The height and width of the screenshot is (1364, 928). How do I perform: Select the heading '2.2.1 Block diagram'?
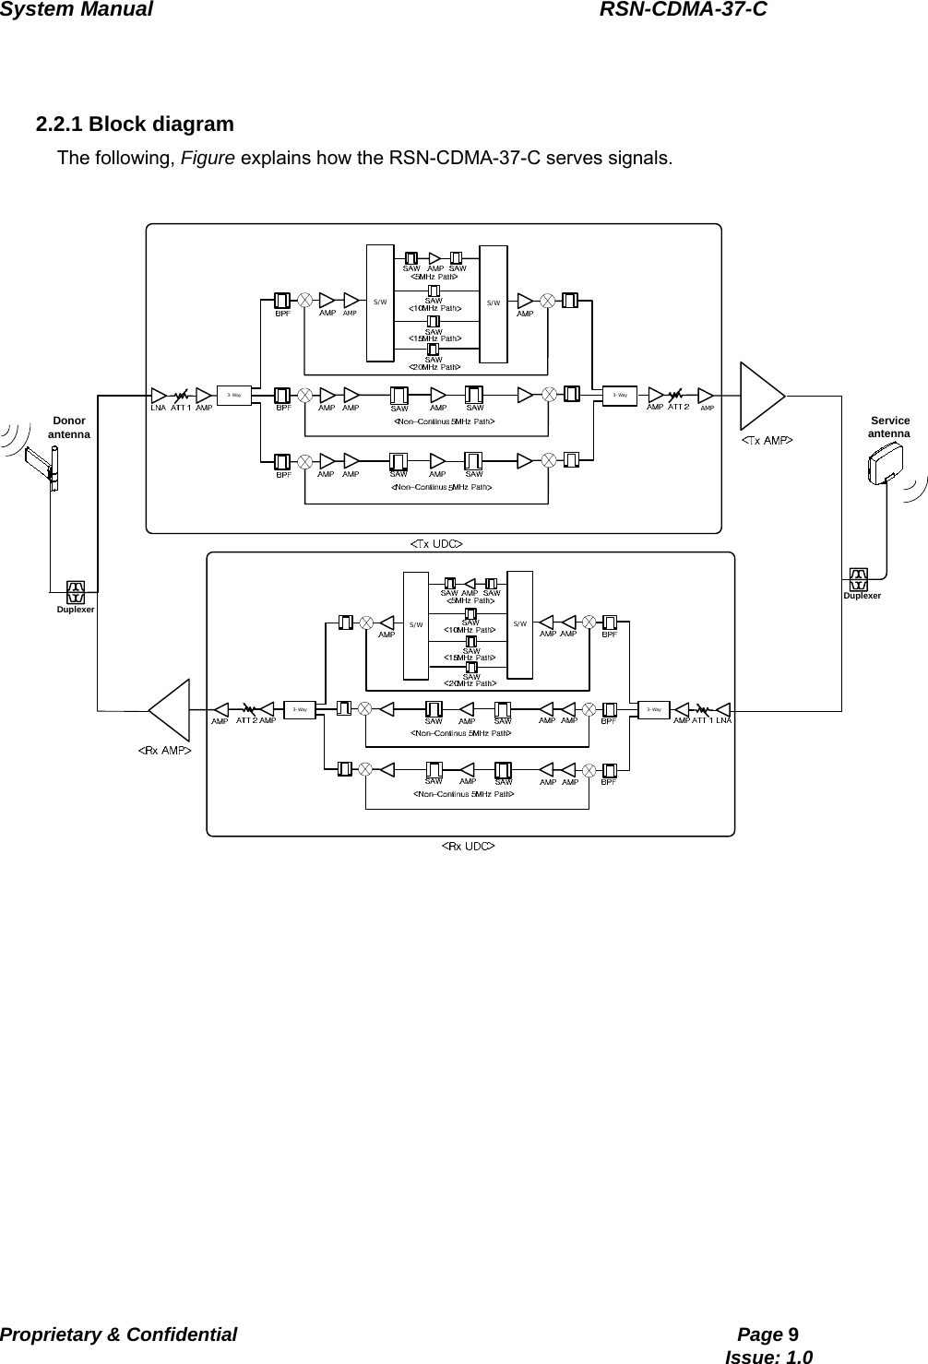coord(135,124)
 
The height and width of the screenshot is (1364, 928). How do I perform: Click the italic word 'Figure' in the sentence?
coord(208,158)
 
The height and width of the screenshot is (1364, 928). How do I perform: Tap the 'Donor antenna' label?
coord(69,427)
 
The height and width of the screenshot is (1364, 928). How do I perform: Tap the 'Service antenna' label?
coord(889,427)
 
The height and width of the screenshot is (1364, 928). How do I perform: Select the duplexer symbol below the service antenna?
coord(859,579)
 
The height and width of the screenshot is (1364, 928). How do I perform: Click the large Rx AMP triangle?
coord(173,710)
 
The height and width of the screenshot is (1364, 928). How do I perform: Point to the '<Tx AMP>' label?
coord(767,441)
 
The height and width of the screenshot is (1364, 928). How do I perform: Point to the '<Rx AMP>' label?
coord(165,751)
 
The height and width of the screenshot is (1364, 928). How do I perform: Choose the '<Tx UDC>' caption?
coord(436,544)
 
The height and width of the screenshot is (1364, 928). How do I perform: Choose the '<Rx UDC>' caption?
coord(468,845)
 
